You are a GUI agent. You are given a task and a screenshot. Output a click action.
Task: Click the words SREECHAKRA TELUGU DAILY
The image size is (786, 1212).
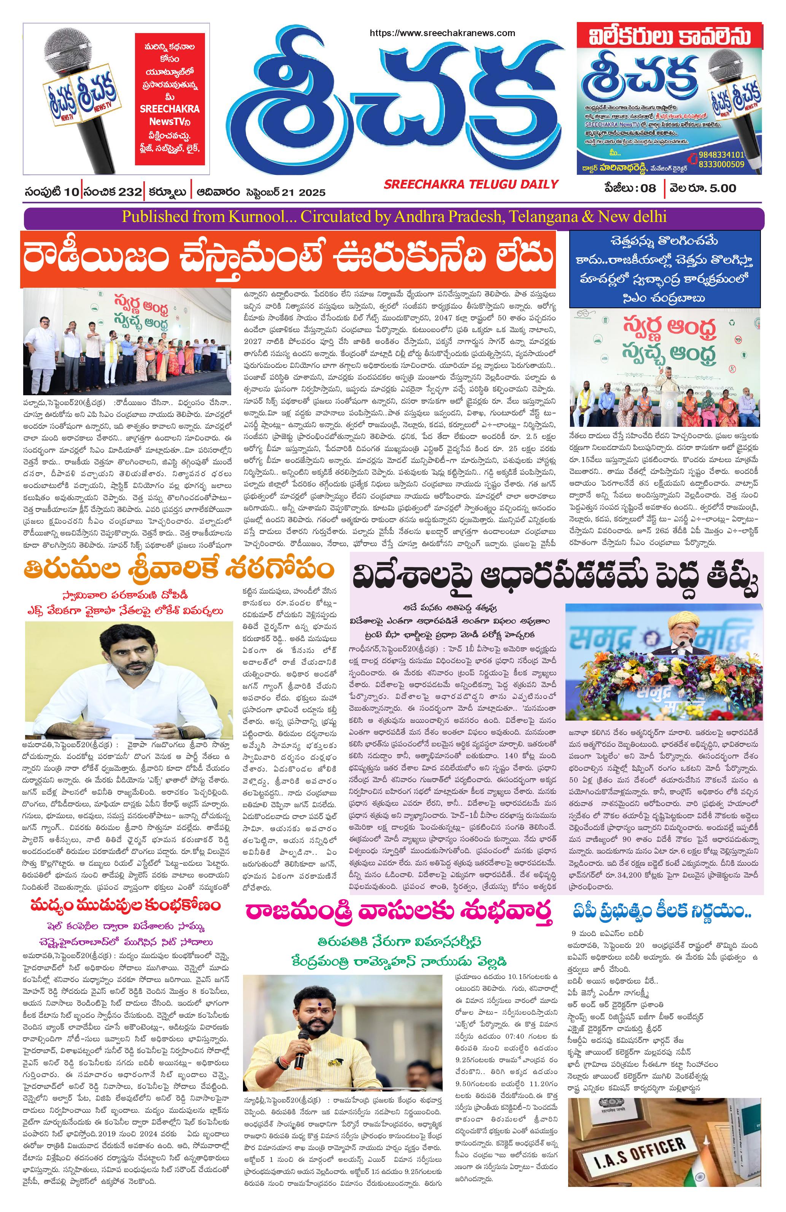point(471,184)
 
